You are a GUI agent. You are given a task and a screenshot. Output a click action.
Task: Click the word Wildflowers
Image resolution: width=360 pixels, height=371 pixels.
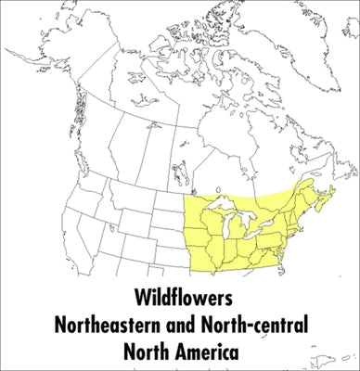[180, 301]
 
